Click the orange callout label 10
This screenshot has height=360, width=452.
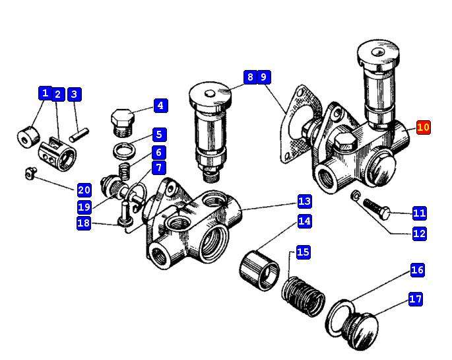[424, 127]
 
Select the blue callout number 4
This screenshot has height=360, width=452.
[159, 106]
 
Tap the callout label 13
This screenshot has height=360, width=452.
[304, 201]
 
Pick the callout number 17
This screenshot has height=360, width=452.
[415, 299]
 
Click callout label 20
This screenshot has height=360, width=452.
[84, 190]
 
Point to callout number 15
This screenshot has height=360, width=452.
[303, 252]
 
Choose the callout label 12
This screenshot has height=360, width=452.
[420, 233]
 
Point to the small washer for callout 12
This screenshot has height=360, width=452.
[356, 196]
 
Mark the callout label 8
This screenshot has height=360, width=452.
[249, 77]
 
